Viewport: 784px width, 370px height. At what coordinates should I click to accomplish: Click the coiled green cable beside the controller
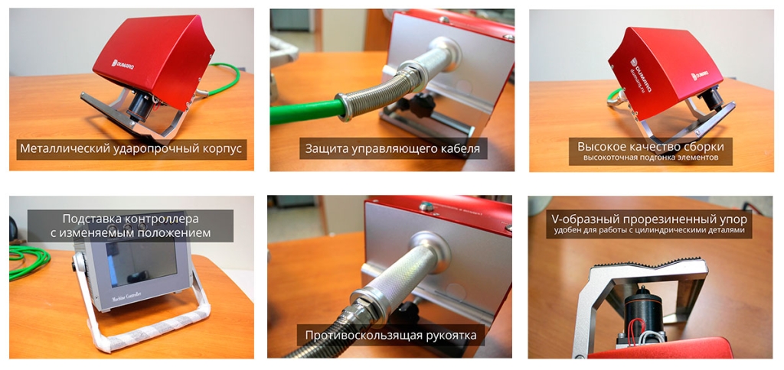pos(28,260)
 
